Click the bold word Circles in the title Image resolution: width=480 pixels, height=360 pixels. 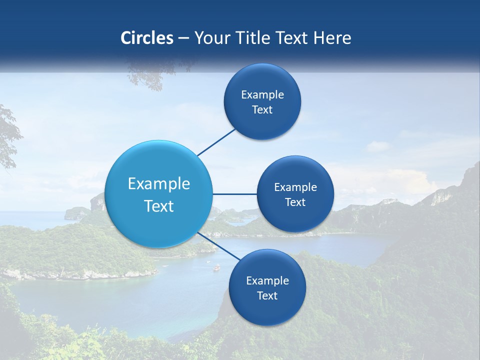pos(146,38)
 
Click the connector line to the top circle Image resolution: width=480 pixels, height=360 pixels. pos(216,142)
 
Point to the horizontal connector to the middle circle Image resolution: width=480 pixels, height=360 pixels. pos(234,194)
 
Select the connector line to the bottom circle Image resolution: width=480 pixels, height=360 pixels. pos(218,246)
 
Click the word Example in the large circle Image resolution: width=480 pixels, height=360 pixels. pos(159,184)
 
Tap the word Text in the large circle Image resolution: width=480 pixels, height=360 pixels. pos(159,206)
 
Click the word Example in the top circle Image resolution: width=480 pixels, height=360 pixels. pos(262,95)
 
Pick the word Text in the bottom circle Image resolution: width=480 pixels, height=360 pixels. pos(267,295)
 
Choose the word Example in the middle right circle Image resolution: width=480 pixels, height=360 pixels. pos(295,187)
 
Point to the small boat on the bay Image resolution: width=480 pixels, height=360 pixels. pos(216,268)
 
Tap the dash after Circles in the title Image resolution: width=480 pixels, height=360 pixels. pos(183,38)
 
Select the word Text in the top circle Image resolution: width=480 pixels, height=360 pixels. pos(262,110)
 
